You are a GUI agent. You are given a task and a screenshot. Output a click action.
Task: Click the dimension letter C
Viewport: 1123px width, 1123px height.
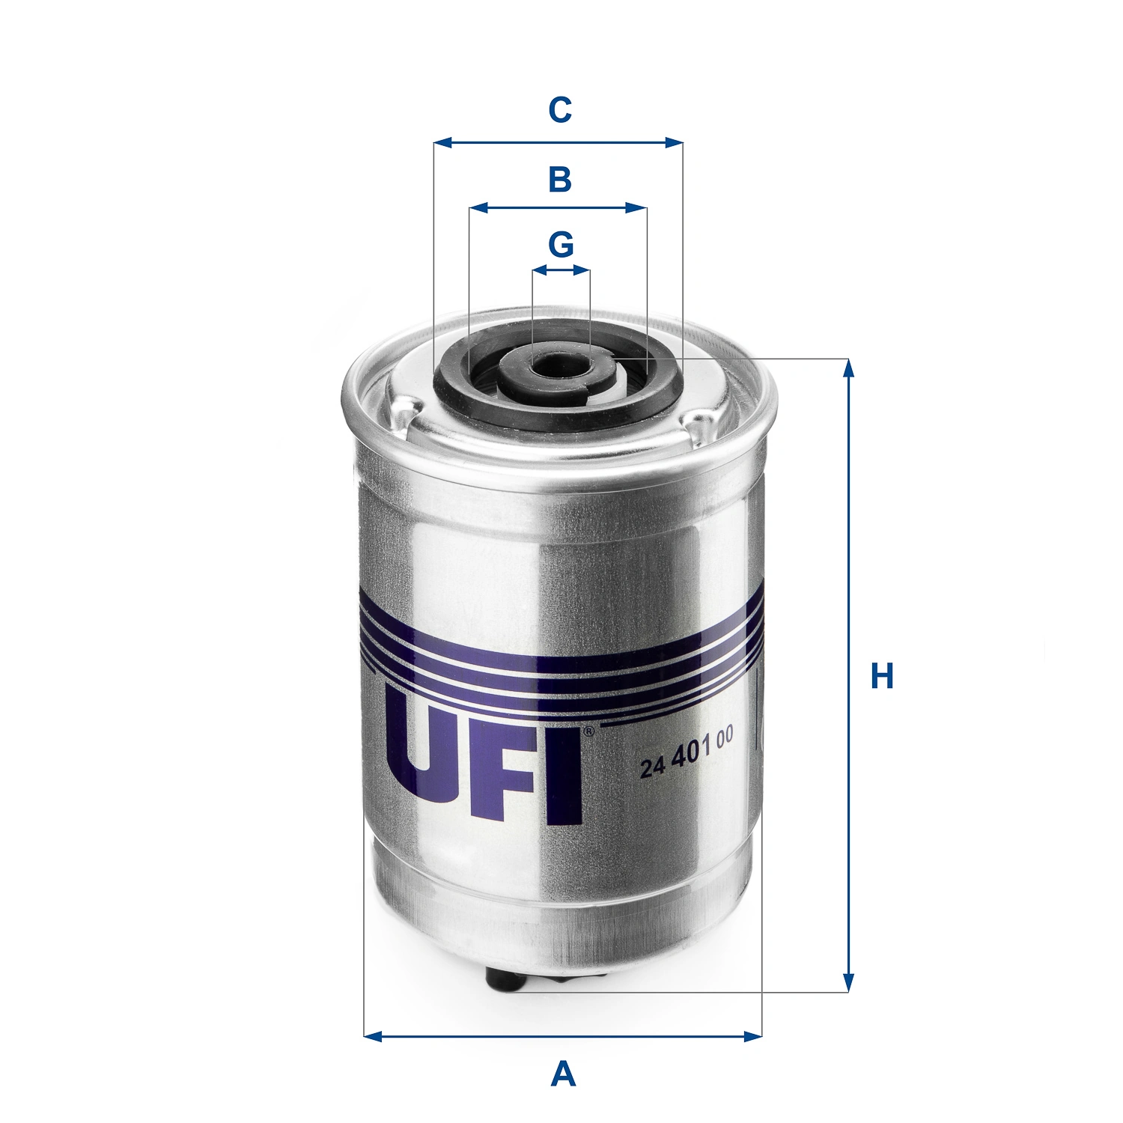coord(560,110)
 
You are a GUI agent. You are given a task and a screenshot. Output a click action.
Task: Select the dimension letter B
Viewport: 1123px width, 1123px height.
coord(560,180)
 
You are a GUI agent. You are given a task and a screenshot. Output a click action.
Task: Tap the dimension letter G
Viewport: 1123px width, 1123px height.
coord(561,244)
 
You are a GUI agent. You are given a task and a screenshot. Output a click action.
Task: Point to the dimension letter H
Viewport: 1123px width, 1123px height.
coord(882,675)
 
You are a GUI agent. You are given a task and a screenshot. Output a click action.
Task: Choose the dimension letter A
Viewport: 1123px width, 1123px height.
coord(563,1074)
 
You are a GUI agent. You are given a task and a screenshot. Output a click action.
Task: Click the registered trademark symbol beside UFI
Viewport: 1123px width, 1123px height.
coord(588,731)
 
